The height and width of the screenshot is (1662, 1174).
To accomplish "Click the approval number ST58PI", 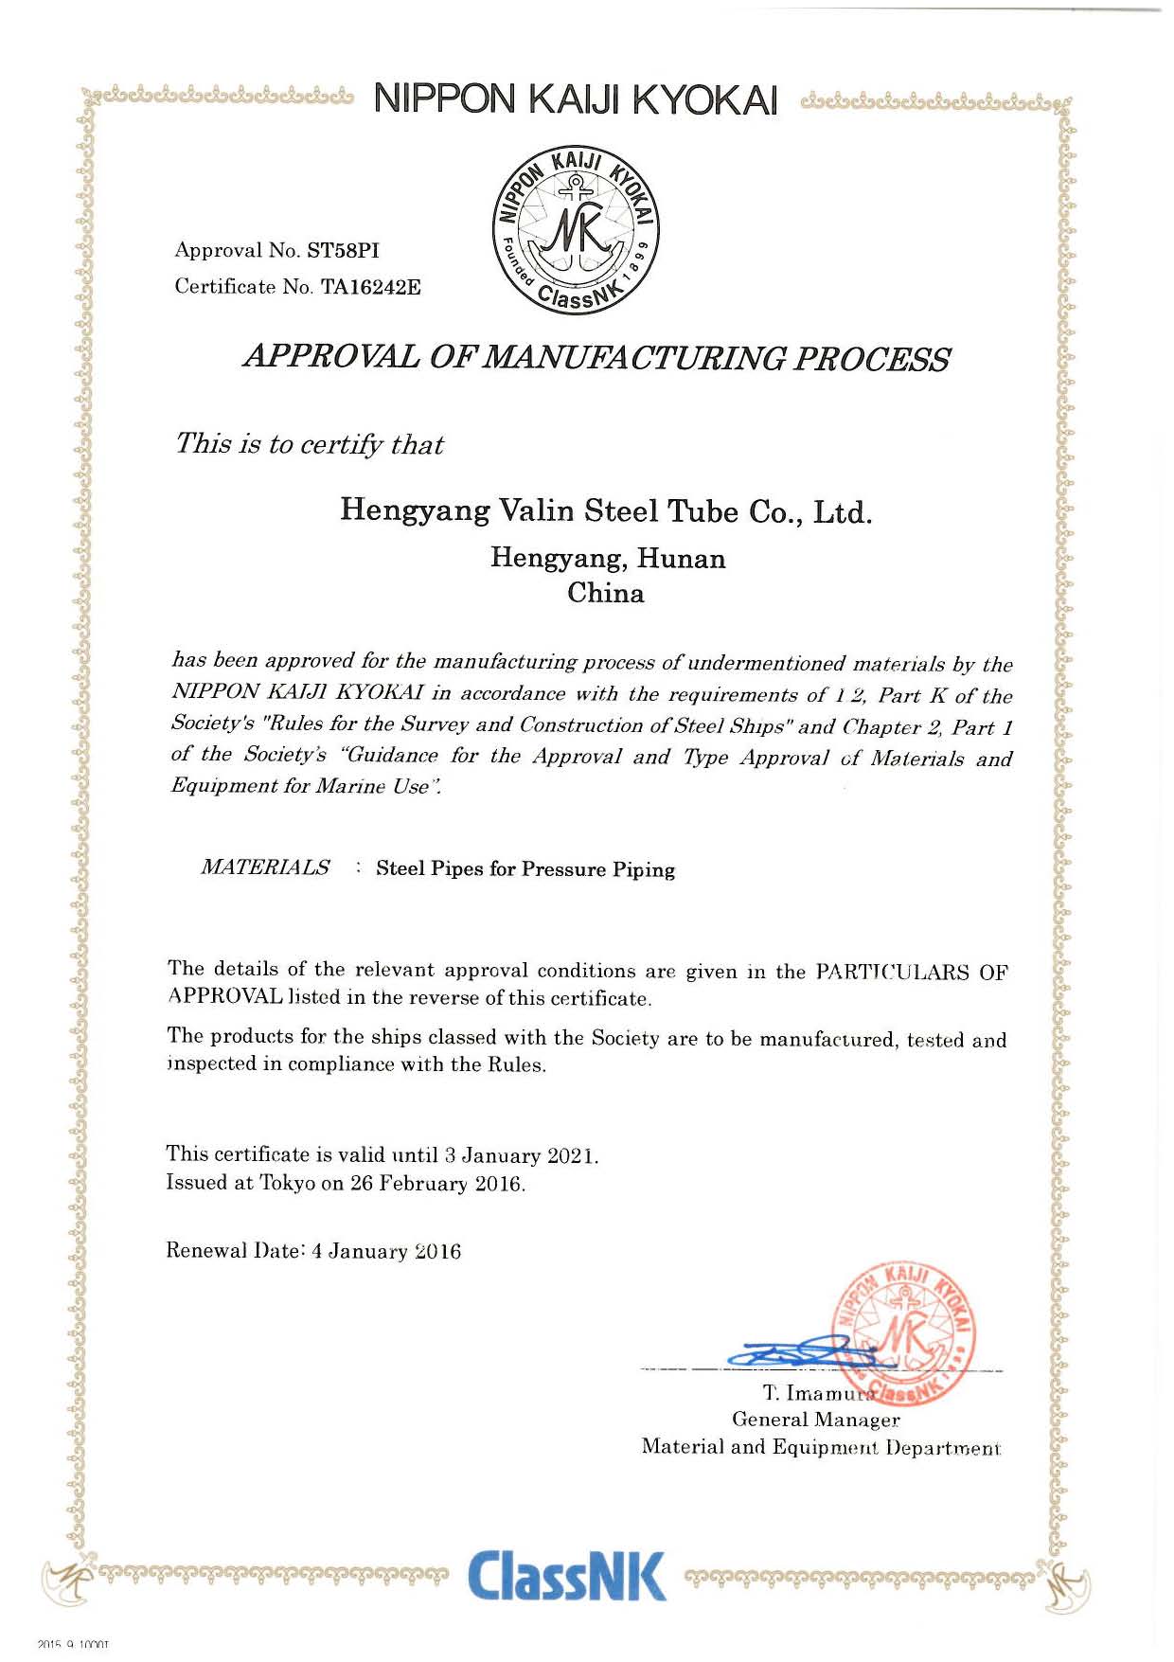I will pyautogui.click(x=342, y=251).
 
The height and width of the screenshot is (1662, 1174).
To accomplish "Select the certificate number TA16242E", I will pyautogui.click(x=371, y=287).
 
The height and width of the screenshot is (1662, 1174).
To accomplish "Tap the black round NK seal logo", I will pyautogui.click(x=578, y=231).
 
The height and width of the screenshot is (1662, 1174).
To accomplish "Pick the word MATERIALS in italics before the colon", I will pyautogui.click(x=265, y=867).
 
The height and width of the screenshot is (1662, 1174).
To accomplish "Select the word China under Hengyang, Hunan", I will pyautogui.click(x=606, y=594).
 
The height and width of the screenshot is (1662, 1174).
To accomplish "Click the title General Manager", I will pyautogui.click(x=815, y=1420).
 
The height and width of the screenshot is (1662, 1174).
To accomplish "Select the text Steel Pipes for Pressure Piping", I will pyautogui.click(x=525, y=869).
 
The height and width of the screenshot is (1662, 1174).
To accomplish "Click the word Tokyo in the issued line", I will pyautogui.click(x=288, y=1184).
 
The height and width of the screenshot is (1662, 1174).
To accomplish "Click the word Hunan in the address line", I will pyautogui.click(x=681, y=559).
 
